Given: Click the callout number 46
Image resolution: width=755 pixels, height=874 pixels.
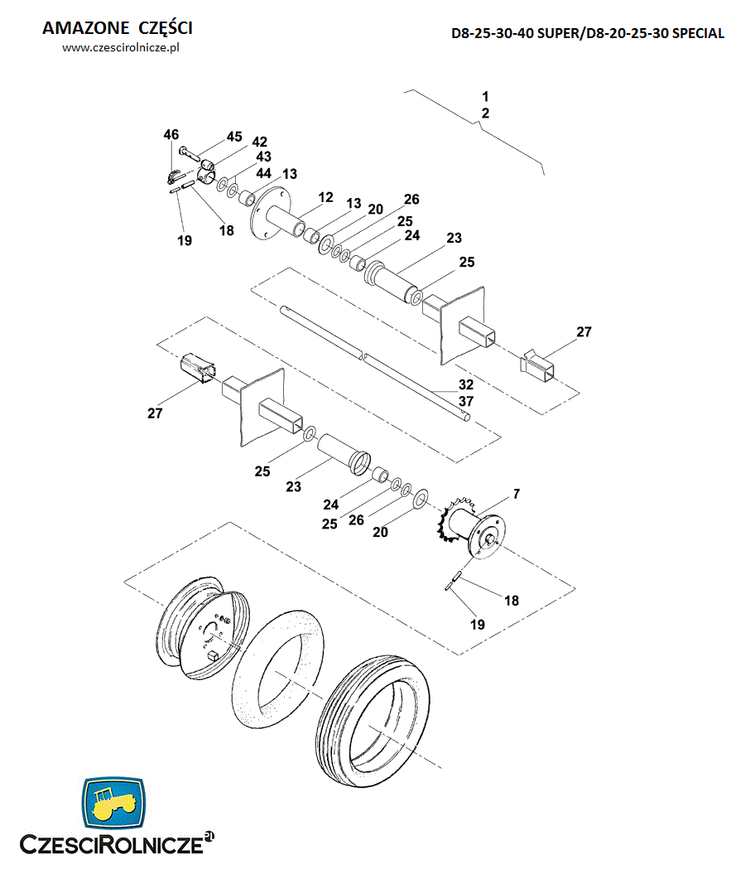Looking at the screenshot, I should [x=171, y=134].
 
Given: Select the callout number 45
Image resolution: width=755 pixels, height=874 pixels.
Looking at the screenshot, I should [x=234, y=136].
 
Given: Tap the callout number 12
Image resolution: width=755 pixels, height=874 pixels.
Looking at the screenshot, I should [x=325, y=197].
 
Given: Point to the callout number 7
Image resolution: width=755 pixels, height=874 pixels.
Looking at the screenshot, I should [x=516, y=494].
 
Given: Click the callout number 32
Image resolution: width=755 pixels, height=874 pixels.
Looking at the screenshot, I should [x=466, y=385].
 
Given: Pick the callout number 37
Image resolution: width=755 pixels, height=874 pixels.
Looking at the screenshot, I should [x=466, y=401].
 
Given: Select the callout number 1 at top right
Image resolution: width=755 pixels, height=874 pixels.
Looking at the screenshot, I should [x=486, y=95].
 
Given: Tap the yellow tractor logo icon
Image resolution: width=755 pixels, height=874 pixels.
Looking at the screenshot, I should [x=113, y=801].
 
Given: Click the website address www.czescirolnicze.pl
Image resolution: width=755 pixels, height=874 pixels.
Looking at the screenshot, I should [x=121, y=48].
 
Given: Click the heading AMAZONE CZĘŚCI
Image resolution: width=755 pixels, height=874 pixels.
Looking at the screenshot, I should [x=117, y=28].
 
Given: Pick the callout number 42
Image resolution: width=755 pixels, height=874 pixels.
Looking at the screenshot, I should [x=259, y=142].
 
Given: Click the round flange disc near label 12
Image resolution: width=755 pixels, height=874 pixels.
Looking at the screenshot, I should [x=272, y=216].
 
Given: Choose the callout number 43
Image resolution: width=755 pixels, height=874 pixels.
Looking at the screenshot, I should [x=263, y=157].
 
